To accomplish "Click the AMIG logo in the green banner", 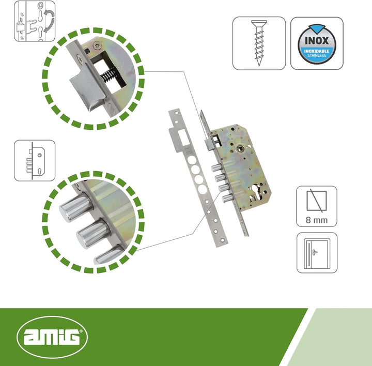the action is pyautogui.click(x=52, y=337).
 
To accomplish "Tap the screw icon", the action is pyautogui.click(x=259, y=43).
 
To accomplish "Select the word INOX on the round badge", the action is pyautogui.click(x=317, y=41).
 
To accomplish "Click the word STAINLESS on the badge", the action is pyautogui.click(x=317, y=55).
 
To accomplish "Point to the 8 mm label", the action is pyautogui.click(x=317, y=220).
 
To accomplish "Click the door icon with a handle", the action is pyautogui.click(x=317, y=253).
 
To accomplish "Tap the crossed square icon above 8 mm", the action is pyautogui.click(x=317, y=201).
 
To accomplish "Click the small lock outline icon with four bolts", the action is pyautogui.click(x=36, y=161).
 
